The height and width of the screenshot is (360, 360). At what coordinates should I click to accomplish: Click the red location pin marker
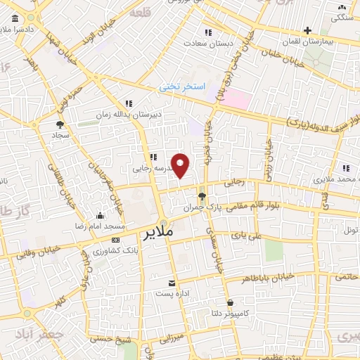181,165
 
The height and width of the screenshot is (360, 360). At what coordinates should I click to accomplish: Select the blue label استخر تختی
181,86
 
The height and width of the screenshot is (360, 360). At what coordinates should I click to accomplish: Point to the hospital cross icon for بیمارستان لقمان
307,30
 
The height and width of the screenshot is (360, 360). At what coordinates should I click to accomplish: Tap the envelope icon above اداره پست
171,283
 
